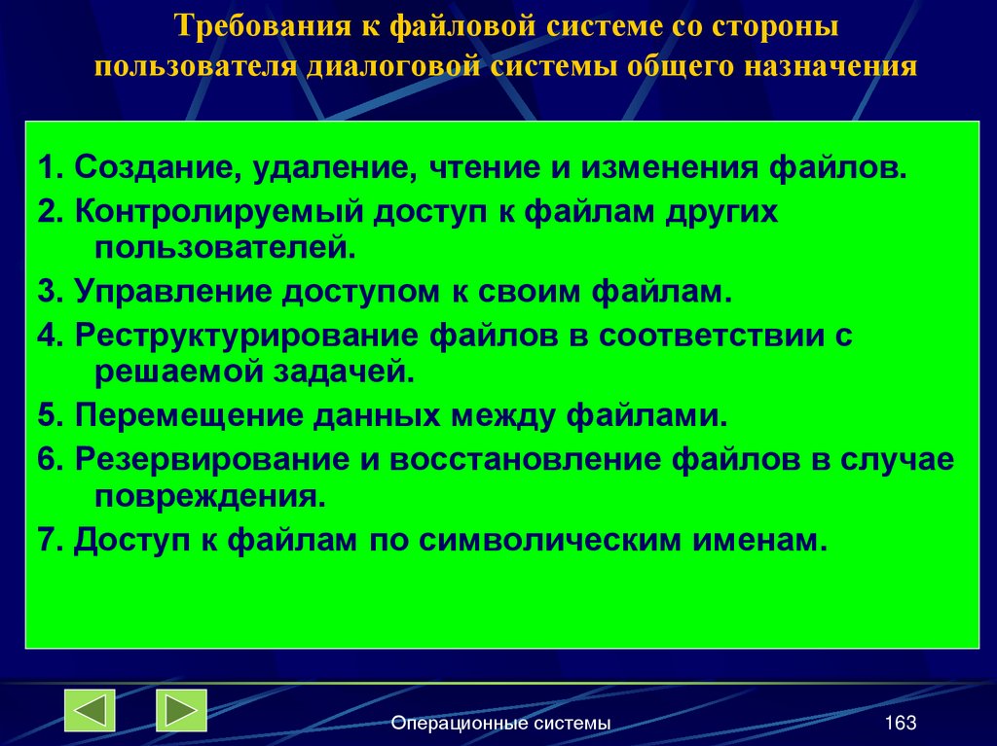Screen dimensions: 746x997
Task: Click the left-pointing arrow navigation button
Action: [90, 710]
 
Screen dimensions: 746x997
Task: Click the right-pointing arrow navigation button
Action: [182, 710]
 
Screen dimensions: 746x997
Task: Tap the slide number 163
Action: [901, 723]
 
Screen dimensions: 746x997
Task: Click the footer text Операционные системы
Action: [500, 723]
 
